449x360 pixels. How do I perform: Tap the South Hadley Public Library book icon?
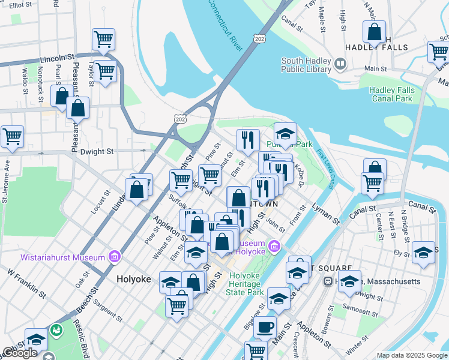pos(340,63)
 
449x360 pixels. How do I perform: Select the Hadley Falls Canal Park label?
pos(390,94)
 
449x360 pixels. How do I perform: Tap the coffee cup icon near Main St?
pos(265,328)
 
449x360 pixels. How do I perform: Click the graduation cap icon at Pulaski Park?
pos(286,133)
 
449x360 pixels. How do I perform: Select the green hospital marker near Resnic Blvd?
pos(56,330)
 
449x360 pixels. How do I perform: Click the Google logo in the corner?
pos(19,353)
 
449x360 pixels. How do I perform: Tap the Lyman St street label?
pos(325,214)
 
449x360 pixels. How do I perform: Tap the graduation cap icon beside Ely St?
pos(423,253)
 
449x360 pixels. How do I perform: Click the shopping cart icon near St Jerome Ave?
pos(12,137)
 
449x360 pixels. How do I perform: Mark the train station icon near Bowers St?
pos(328,281)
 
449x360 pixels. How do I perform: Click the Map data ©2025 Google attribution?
pos(411,355)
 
